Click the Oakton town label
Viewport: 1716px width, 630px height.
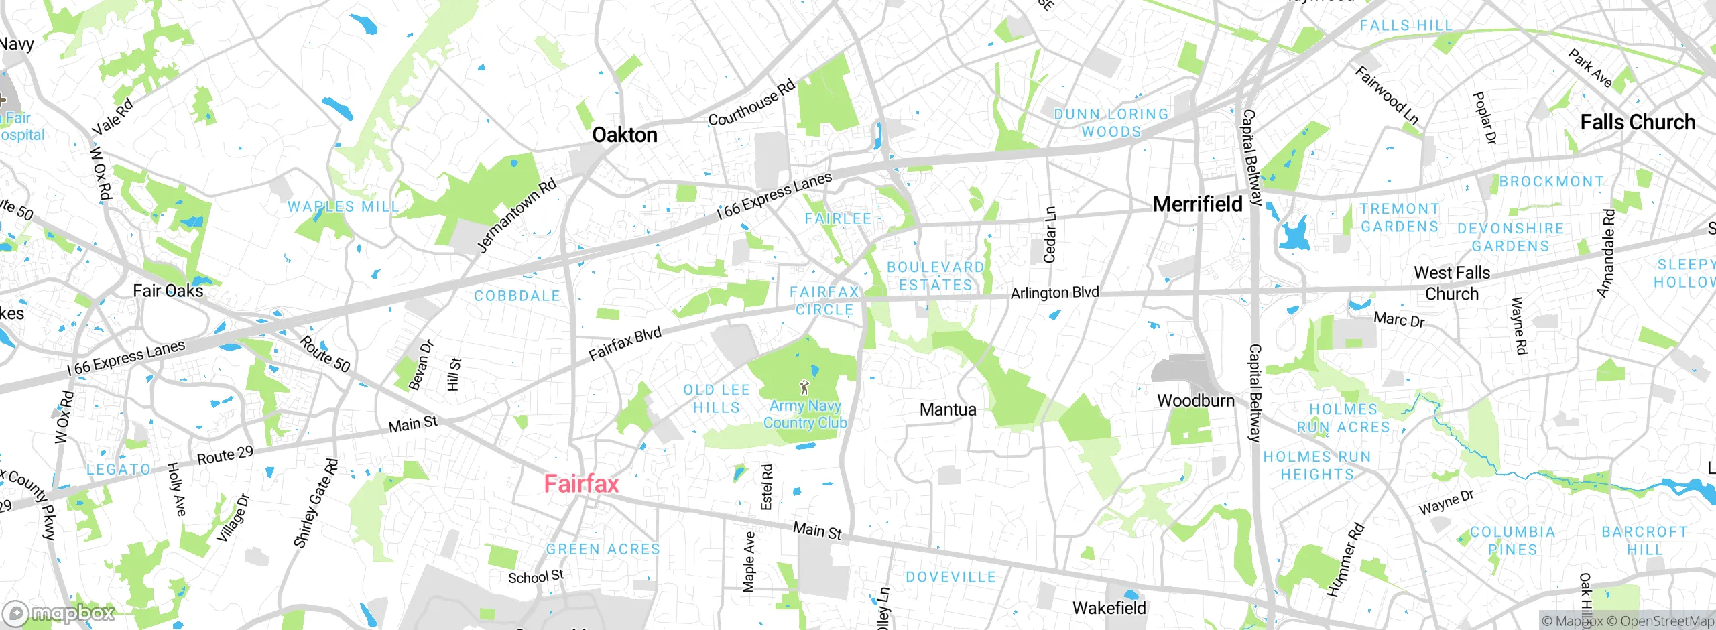624,135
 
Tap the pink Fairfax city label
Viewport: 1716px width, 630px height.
581,484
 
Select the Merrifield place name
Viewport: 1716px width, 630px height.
1197,204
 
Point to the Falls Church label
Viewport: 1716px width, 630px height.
1637,123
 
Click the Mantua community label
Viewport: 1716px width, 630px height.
947,409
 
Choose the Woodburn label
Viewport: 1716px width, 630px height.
1195,401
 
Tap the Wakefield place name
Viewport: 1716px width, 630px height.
1109,608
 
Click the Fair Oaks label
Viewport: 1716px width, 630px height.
168,291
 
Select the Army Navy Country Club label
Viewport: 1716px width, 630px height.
805,414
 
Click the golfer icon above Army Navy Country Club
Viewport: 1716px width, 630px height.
804,387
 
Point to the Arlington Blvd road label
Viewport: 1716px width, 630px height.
1054,293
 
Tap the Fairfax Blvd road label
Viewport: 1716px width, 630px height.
625,344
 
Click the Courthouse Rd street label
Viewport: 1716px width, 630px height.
751,103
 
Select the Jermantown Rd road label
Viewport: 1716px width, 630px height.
517,215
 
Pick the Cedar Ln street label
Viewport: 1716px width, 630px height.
1050,235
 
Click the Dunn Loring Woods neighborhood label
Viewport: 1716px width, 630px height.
1111,123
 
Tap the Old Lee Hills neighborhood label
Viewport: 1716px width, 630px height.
716,399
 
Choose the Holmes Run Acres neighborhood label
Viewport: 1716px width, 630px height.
1343,418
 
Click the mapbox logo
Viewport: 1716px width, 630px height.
59,613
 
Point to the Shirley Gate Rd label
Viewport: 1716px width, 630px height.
316,503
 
